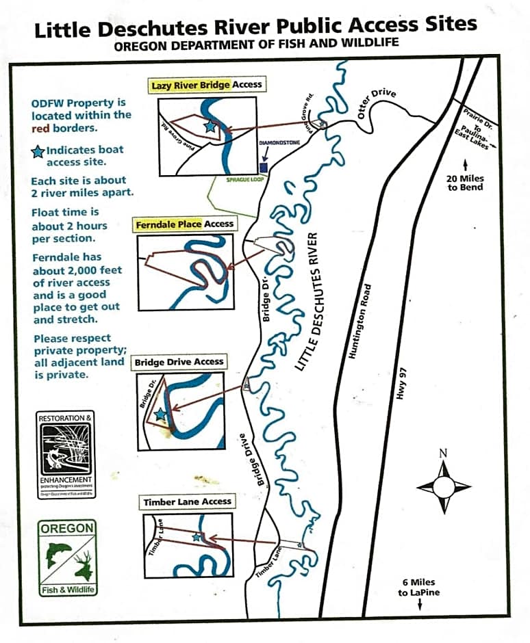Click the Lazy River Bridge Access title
(206, 85)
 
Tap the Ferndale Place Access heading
(184, 224)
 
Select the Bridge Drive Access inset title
(179, 362)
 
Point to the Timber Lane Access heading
(187, 501)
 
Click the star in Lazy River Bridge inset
(210, 127)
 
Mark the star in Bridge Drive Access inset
(160, 414)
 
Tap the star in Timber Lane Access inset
(197, 537)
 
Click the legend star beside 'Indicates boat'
(38, 151)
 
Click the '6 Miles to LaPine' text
(418, 587)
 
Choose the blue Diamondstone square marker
(264, 168)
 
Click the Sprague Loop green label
(245, 179)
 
